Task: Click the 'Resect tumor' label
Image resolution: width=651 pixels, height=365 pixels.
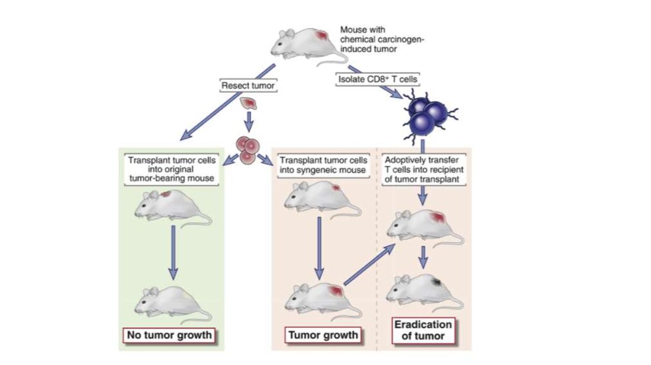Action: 245,85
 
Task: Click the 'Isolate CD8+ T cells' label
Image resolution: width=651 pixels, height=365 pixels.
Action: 368,79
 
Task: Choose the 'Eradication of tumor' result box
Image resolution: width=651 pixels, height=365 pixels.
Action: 423,329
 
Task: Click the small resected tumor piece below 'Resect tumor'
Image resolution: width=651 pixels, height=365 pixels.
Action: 248,104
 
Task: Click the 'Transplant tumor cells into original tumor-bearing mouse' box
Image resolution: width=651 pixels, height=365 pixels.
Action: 172,170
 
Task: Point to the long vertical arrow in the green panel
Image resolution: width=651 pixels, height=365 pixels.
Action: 172,251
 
